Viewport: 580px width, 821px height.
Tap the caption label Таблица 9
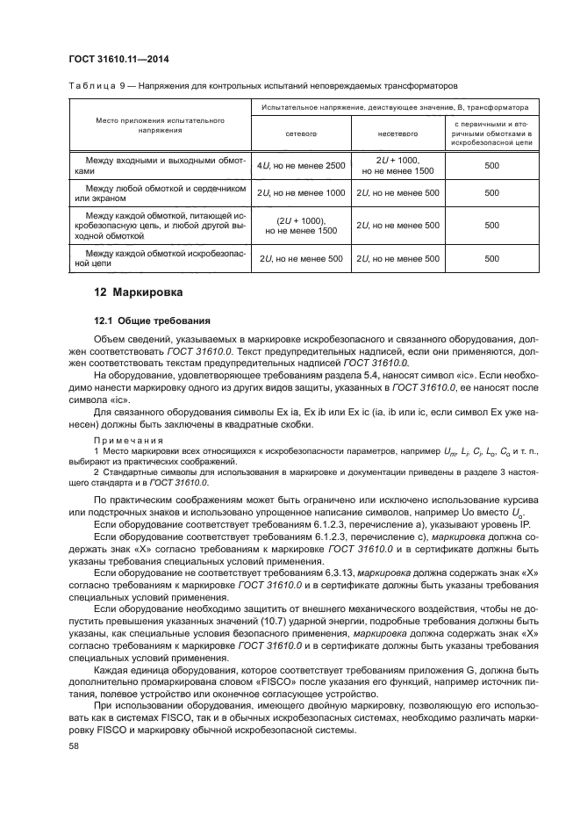coord(92,86)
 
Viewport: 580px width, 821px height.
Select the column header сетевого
coord(301,134)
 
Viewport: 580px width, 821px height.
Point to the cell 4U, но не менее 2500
coord(301,165)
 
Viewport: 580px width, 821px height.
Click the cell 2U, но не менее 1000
coord(301,192)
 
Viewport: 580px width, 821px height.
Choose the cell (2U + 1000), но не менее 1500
coord(301,226)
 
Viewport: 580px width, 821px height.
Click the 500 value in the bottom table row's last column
coord(491,258)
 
